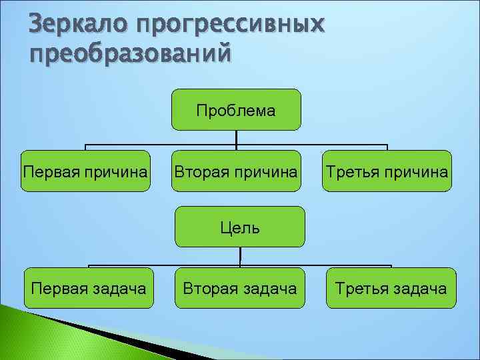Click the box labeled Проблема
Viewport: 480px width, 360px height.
point(236,110)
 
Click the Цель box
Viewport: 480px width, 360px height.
point(240,227)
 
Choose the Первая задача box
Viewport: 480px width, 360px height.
point(88,288)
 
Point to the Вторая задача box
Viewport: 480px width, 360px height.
point(240,288)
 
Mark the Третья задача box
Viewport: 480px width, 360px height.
point(391,288)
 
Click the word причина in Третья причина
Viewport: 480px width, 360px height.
point(415,171)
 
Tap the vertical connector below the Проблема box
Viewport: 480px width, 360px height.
point(237,137)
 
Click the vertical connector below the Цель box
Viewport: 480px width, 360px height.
point(240,256)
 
